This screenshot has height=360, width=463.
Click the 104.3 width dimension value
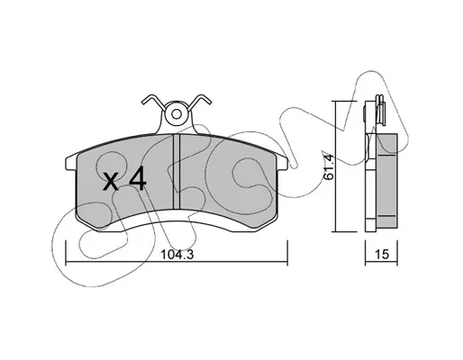[177, 255]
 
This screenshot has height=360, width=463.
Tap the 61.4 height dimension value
[329, 166]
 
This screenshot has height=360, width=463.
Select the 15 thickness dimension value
[382, 255]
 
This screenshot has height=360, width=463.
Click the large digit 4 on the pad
[138, 178]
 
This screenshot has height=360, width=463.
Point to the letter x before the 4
[111, 182]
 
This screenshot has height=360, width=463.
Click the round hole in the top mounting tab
[177, 113]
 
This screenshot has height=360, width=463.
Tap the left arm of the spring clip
[154, 101]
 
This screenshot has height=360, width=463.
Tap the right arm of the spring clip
[200, 101]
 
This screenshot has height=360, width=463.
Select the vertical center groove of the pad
[177, 171]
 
